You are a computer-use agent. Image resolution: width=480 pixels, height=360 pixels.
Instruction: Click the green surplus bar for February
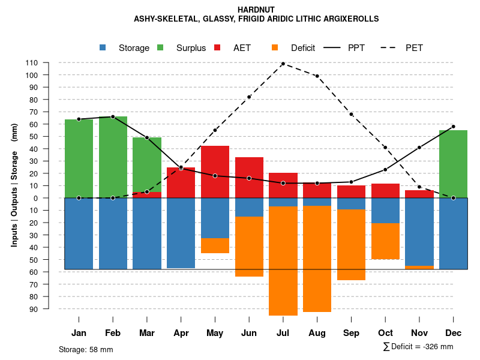click(x=113, y=157)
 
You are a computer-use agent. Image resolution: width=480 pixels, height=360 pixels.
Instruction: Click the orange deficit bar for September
click(x=351, y=245)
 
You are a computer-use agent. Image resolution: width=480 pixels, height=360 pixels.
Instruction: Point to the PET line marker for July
click(x=283, y=64)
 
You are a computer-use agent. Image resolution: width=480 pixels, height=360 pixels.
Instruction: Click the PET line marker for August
click(x=317, y=76)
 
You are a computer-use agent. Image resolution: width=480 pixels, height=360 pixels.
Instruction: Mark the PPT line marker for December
click(x=453, y=127)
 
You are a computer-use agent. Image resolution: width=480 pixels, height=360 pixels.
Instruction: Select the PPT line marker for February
click(x=113, y=117)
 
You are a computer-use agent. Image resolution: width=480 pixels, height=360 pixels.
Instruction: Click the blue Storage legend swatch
click(x=103, y=48)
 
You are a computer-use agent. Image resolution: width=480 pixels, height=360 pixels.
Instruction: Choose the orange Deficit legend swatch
click(x=275, y=48)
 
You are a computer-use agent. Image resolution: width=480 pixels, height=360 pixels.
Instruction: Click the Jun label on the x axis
click(x=249, y=333)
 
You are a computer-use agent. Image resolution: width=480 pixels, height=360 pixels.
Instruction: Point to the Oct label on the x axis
click(x=385, y=333)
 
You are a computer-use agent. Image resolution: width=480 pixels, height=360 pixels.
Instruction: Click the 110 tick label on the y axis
click(x=32, y=63)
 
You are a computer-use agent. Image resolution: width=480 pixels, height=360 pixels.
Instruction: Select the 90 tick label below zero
click(x=34, y=309)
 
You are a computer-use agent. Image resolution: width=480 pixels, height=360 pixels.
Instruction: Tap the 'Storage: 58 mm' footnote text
click(x=86, y=349)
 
